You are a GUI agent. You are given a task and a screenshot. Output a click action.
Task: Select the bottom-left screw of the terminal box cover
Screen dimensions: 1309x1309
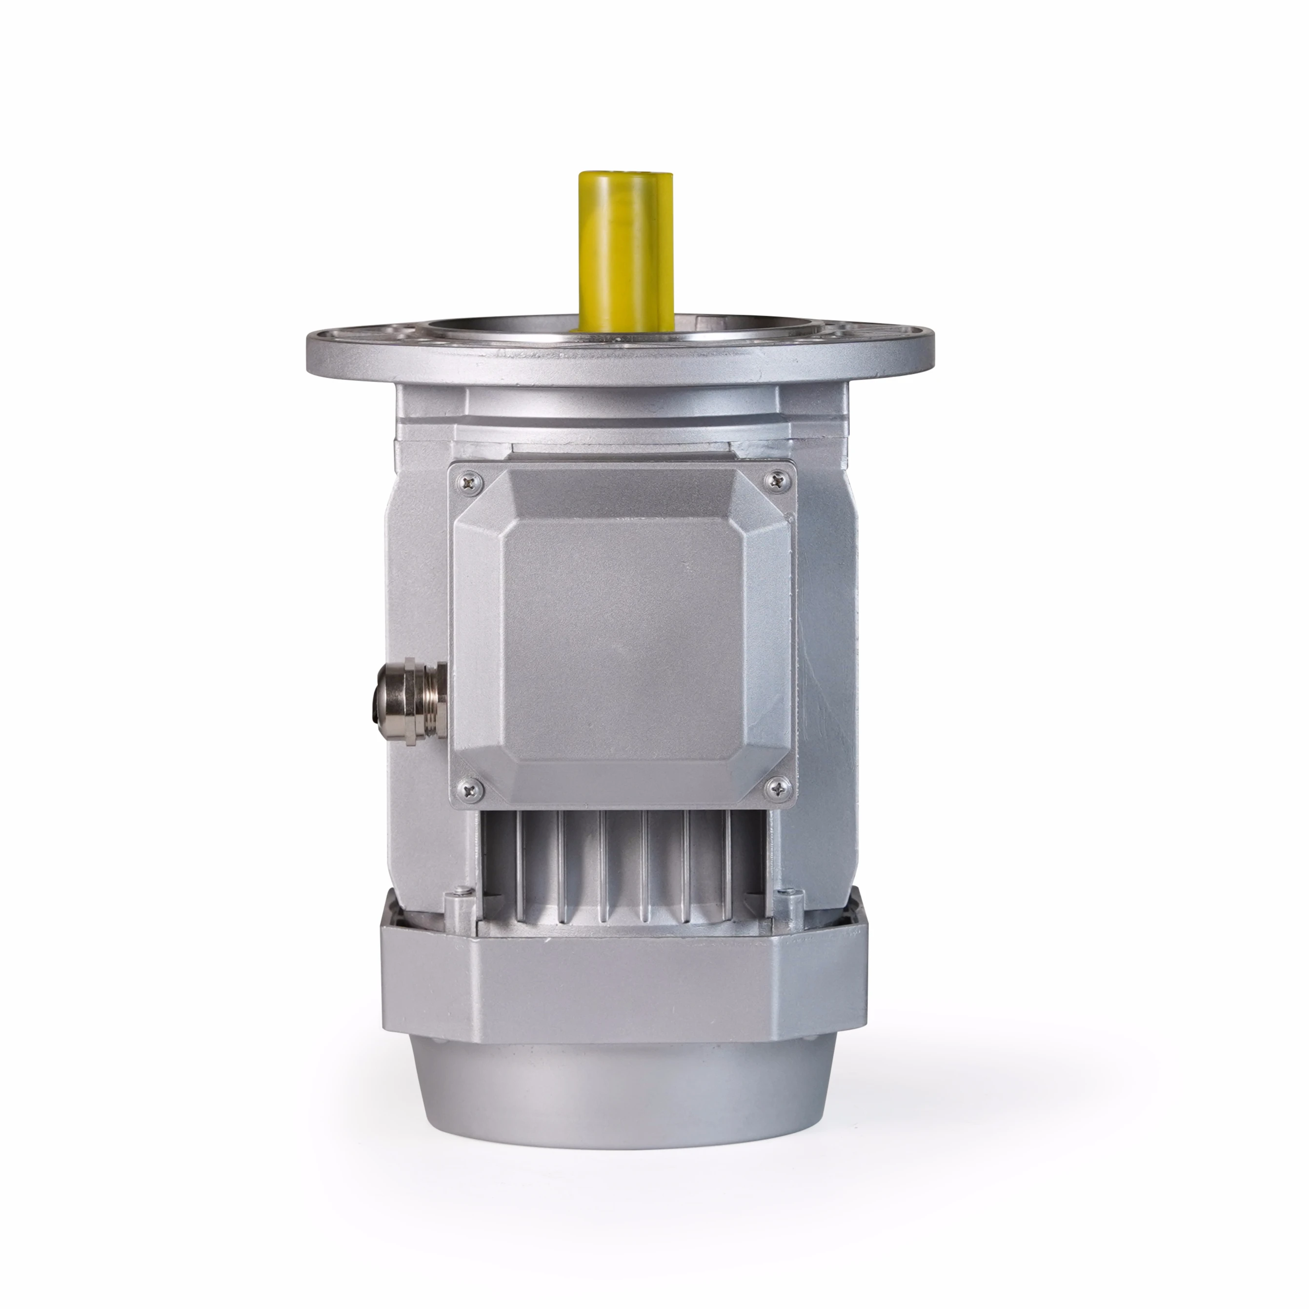(x=470, y=788)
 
